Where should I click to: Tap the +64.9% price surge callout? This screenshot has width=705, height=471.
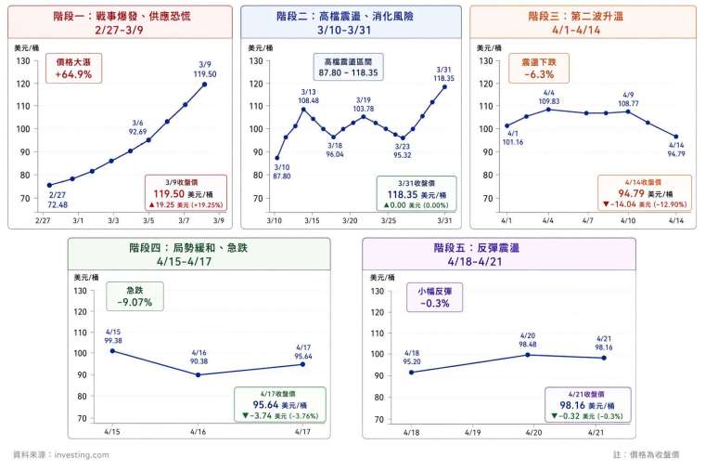coord(73,68)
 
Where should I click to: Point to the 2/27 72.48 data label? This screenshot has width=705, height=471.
coord(57,199)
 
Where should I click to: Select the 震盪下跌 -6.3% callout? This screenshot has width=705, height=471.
coord(538,68)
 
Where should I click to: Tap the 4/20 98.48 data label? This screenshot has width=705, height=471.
coord(528,341)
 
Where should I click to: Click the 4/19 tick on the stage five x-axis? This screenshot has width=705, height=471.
coord(470,432)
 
